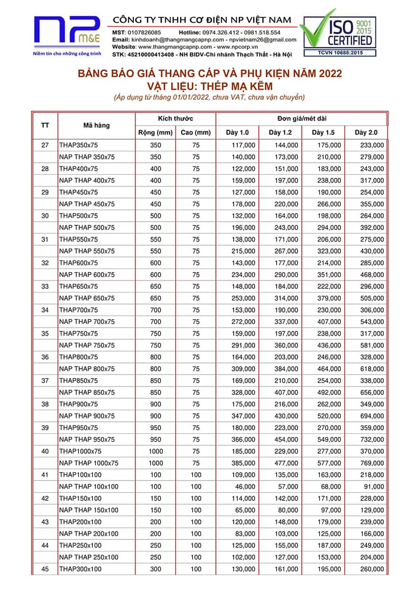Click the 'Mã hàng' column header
(97, 126)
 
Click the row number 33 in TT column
(45, 286)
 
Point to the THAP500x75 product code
(78, 216)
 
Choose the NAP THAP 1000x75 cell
(89, 463)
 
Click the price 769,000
(372, 463)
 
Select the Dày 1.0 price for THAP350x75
(243, 145)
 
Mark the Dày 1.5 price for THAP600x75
(329, 263)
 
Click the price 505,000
(372, 298)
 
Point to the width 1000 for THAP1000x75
(155, 451)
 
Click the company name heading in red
(202, 19)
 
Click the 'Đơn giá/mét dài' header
(301, 119)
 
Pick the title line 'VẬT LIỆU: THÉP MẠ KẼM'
(210, 86)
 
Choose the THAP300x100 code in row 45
(80, 569)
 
